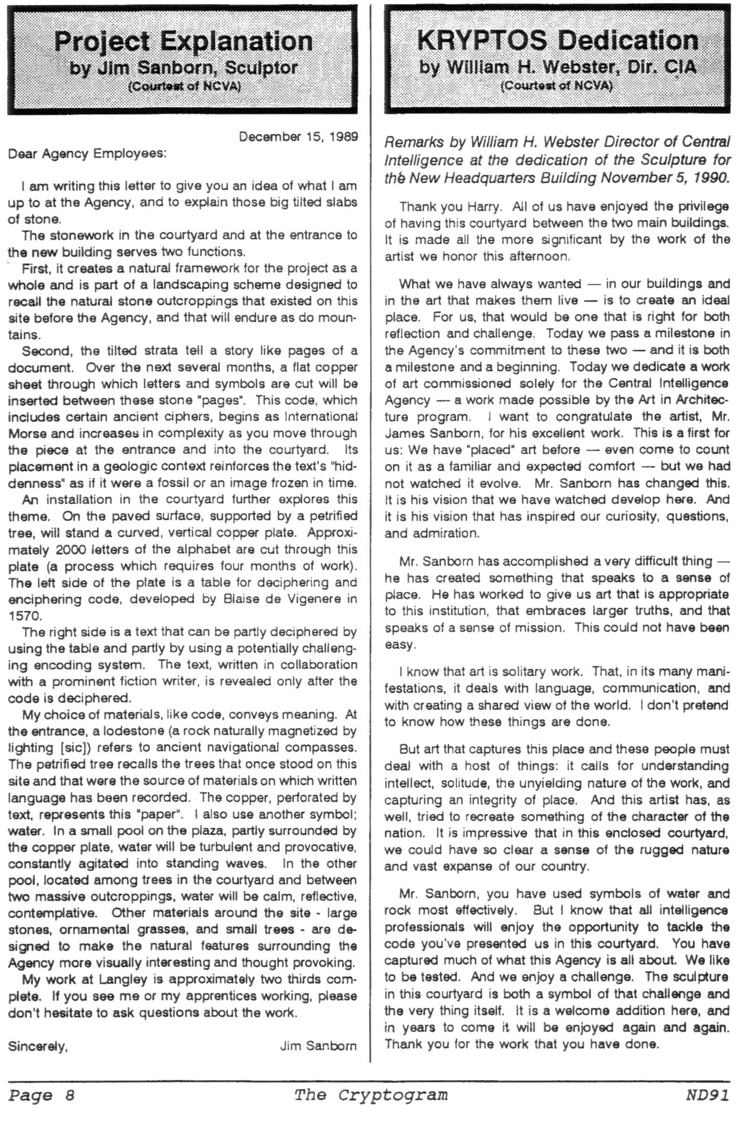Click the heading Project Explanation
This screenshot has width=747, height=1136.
click(x=183, y=41)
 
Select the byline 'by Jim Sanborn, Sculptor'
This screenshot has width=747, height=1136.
click(x=184, y=68)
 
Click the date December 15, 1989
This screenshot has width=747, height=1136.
click(x=298, y=137)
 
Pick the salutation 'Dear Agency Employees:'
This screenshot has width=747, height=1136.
click(x=87, y=154)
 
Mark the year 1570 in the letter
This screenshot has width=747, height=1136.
click(x=19, y=616)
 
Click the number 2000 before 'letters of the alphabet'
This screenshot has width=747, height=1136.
click(x=71, y=550)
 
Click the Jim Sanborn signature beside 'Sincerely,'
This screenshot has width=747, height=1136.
click(x=318, y=1046)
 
